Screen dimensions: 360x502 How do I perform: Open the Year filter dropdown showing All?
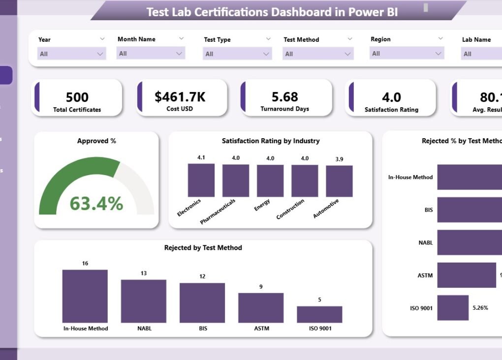point(72,54)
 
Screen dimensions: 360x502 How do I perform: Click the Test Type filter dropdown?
point(238,54)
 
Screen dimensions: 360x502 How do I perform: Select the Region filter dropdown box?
point(407,53)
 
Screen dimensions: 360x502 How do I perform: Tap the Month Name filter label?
point(136,39)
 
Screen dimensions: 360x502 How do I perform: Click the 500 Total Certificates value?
point(77,97)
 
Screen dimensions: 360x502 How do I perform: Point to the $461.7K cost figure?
point(180,97)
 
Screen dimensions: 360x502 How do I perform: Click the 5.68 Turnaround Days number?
point(285,97)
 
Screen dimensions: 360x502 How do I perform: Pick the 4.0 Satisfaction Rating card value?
point(391,97)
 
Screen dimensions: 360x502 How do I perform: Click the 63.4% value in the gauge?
point(96,203)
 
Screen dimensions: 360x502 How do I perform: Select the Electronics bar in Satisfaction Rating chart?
point(201,180)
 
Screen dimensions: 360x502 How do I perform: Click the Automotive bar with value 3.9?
point(339,181)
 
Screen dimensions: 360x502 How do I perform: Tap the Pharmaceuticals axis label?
point(218,211)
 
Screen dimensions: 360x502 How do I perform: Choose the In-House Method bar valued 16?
point(85,296)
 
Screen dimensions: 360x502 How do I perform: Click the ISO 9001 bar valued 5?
point(319,314)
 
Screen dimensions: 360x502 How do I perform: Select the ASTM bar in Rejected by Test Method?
point(261,307)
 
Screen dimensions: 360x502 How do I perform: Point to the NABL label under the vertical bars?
point(144,328)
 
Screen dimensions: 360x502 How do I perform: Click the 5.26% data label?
point(480,308)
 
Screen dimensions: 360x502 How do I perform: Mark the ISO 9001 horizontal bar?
point(453,308)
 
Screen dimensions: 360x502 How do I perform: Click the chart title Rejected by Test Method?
point(203,248)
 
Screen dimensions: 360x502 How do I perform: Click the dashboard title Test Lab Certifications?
point(272,12)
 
